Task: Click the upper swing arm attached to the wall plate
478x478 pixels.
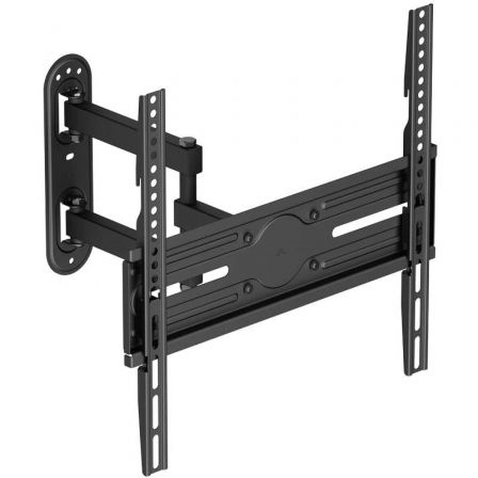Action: (x=116, y=119)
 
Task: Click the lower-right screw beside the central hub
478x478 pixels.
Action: (x=315, y=263)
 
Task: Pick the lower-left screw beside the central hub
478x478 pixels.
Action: (x=249, y=286)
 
